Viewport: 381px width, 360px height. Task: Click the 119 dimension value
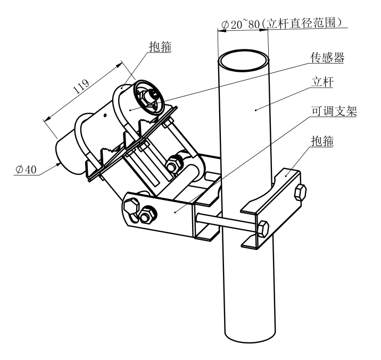click(81, 87)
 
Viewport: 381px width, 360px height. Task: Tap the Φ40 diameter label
click(26, 169)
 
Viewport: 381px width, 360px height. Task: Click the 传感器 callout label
click(327, 57)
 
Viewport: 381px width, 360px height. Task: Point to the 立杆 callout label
click(322, 82)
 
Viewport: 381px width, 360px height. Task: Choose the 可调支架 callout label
click(334, 111)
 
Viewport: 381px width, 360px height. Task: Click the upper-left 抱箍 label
click(160, 46)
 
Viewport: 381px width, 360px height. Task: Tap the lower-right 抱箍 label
click(322, 141)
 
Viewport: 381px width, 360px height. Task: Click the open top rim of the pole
click(244, 52)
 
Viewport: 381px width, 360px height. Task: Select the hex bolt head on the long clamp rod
click(263, 229)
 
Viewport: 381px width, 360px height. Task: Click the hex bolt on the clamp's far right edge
click(300, 192)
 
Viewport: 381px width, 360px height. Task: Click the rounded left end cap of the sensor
click(65, 155)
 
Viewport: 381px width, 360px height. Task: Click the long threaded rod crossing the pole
click(227, 221)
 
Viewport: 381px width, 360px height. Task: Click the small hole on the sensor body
click(105, 115)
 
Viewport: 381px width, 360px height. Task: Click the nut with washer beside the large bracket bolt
click(147, 215)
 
